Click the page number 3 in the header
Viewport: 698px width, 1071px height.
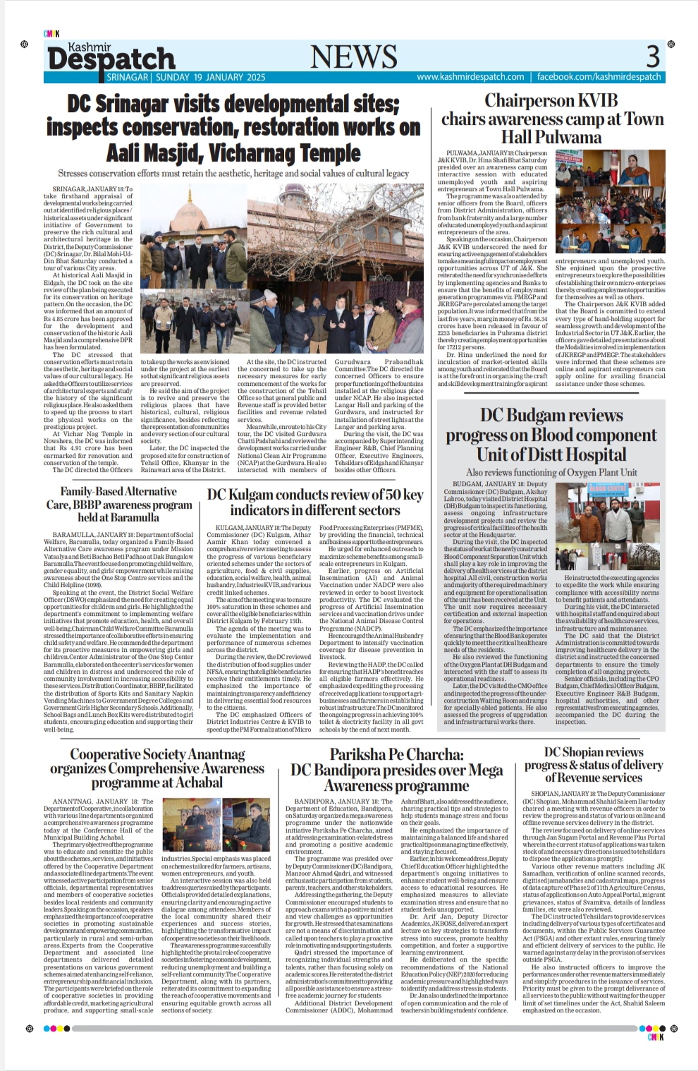[x=653, y=55]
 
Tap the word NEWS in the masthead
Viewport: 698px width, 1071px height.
[x=353, y=56]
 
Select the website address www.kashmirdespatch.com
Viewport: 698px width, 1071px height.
[x=470, y=77]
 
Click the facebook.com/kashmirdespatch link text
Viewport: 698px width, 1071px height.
[x=599, y=77]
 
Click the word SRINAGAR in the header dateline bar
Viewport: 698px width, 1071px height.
[x=128, y=77]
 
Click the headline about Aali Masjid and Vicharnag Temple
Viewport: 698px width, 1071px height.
[x=233, y=128]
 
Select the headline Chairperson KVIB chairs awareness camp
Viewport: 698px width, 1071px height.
[x=552, y=119]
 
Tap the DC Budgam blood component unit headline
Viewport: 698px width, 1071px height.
[x=551, y=435]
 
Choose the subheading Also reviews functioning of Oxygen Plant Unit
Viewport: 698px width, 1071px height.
[x=551, y=472]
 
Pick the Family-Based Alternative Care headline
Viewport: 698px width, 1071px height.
[x=118, y=504]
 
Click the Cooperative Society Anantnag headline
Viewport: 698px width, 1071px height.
[x=157, y=768]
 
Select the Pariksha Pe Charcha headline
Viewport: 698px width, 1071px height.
[x=396, y=770]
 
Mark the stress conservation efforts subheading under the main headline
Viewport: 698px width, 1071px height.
[x=233, y=174]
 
